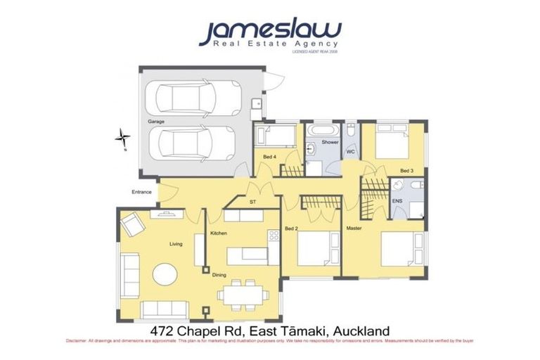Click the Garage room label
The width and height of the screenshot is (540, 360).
[155, 122]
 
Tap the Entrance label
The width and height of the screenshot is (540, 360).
[141, 191]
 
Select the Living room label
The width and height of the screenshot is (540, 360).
[176, 244]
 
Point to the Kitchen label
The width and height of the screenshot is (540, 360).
[218, 233]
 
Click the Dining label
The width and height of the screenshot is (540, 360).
[221, 275]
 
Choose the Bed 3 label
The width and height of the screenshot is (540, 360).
[406, 171]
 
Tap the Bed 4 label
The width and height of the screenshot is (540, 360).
[269, 156]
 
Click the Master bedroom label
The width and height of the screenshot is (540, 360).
[354, 229]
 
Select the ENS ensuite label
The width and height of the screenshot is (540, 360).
[397, 200]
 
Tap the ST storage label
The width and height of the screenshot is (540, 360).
[252, 202]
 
